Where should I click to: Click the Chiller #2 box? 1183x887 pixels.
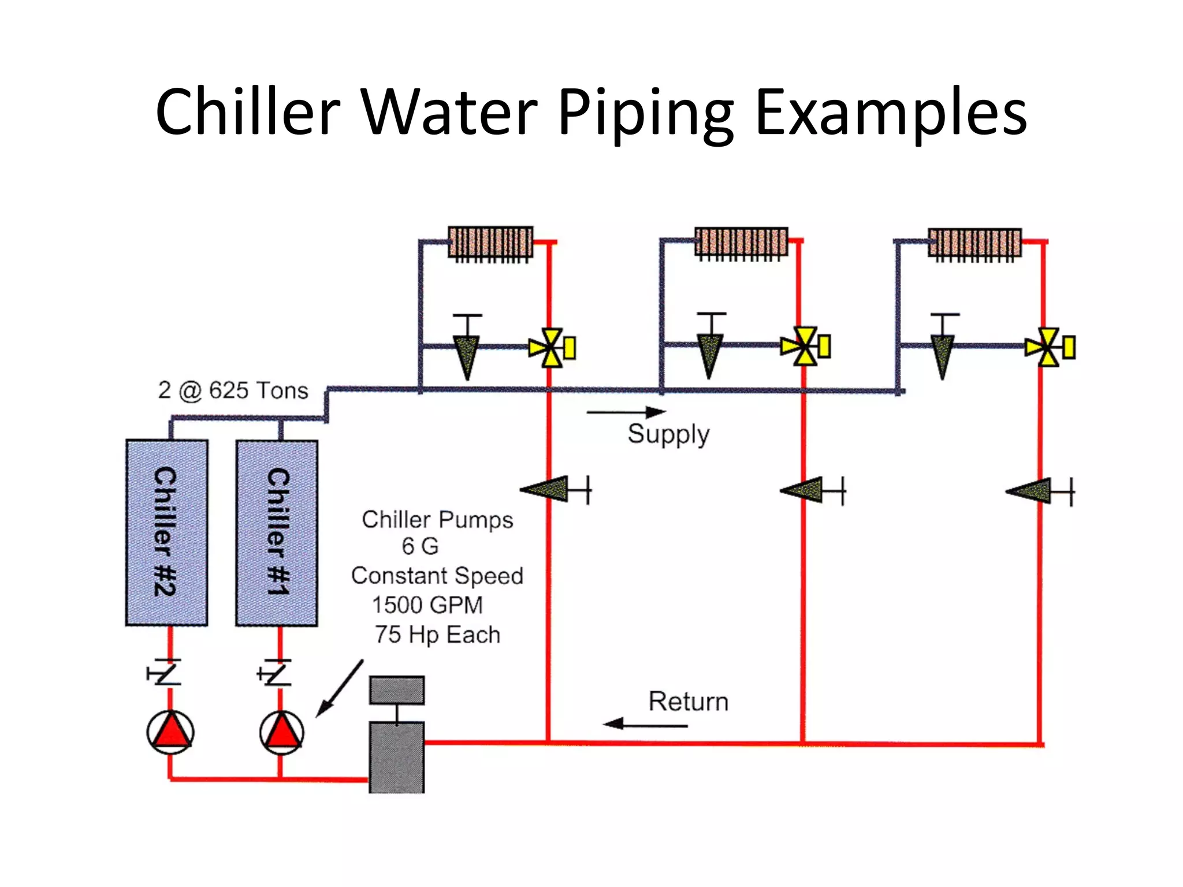[x=167, y=532]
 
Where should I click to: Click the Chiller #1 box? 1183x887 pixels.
[x=277, y=532]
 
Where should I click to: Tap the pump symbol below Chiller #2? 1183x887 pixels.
[x=170, y=732]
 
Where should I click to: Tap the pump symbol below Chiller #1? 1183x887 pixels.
[x=281, y=732]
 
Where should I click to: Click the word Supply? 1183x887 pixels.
[x=668, y=434]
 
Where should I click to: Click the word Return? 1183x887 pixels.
[x=688, y=702]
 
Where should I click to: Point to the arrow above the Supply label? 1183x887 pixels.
[x=626, y=412]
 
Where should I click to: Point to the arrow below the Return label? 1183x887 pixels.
[x=645, y=724]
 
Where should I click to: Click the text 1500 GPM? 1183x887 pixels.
[x=427, y=605]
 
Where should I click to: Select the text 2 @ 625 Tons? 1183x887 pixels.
[x=233, y=390]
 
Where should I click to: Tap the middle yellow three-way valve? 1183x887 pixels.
[x=805, y=346]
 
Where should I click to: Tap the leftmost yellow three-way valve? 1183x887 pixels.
[x=552, y=348]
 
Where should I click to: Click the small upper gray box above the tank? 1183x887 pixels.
[x=397, y=690]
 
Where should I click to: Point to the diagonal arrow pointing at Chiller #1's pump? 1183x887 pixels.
[x=340, y=689]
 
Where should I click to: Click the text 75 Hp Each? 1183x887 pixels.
[x=437, y=635]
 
